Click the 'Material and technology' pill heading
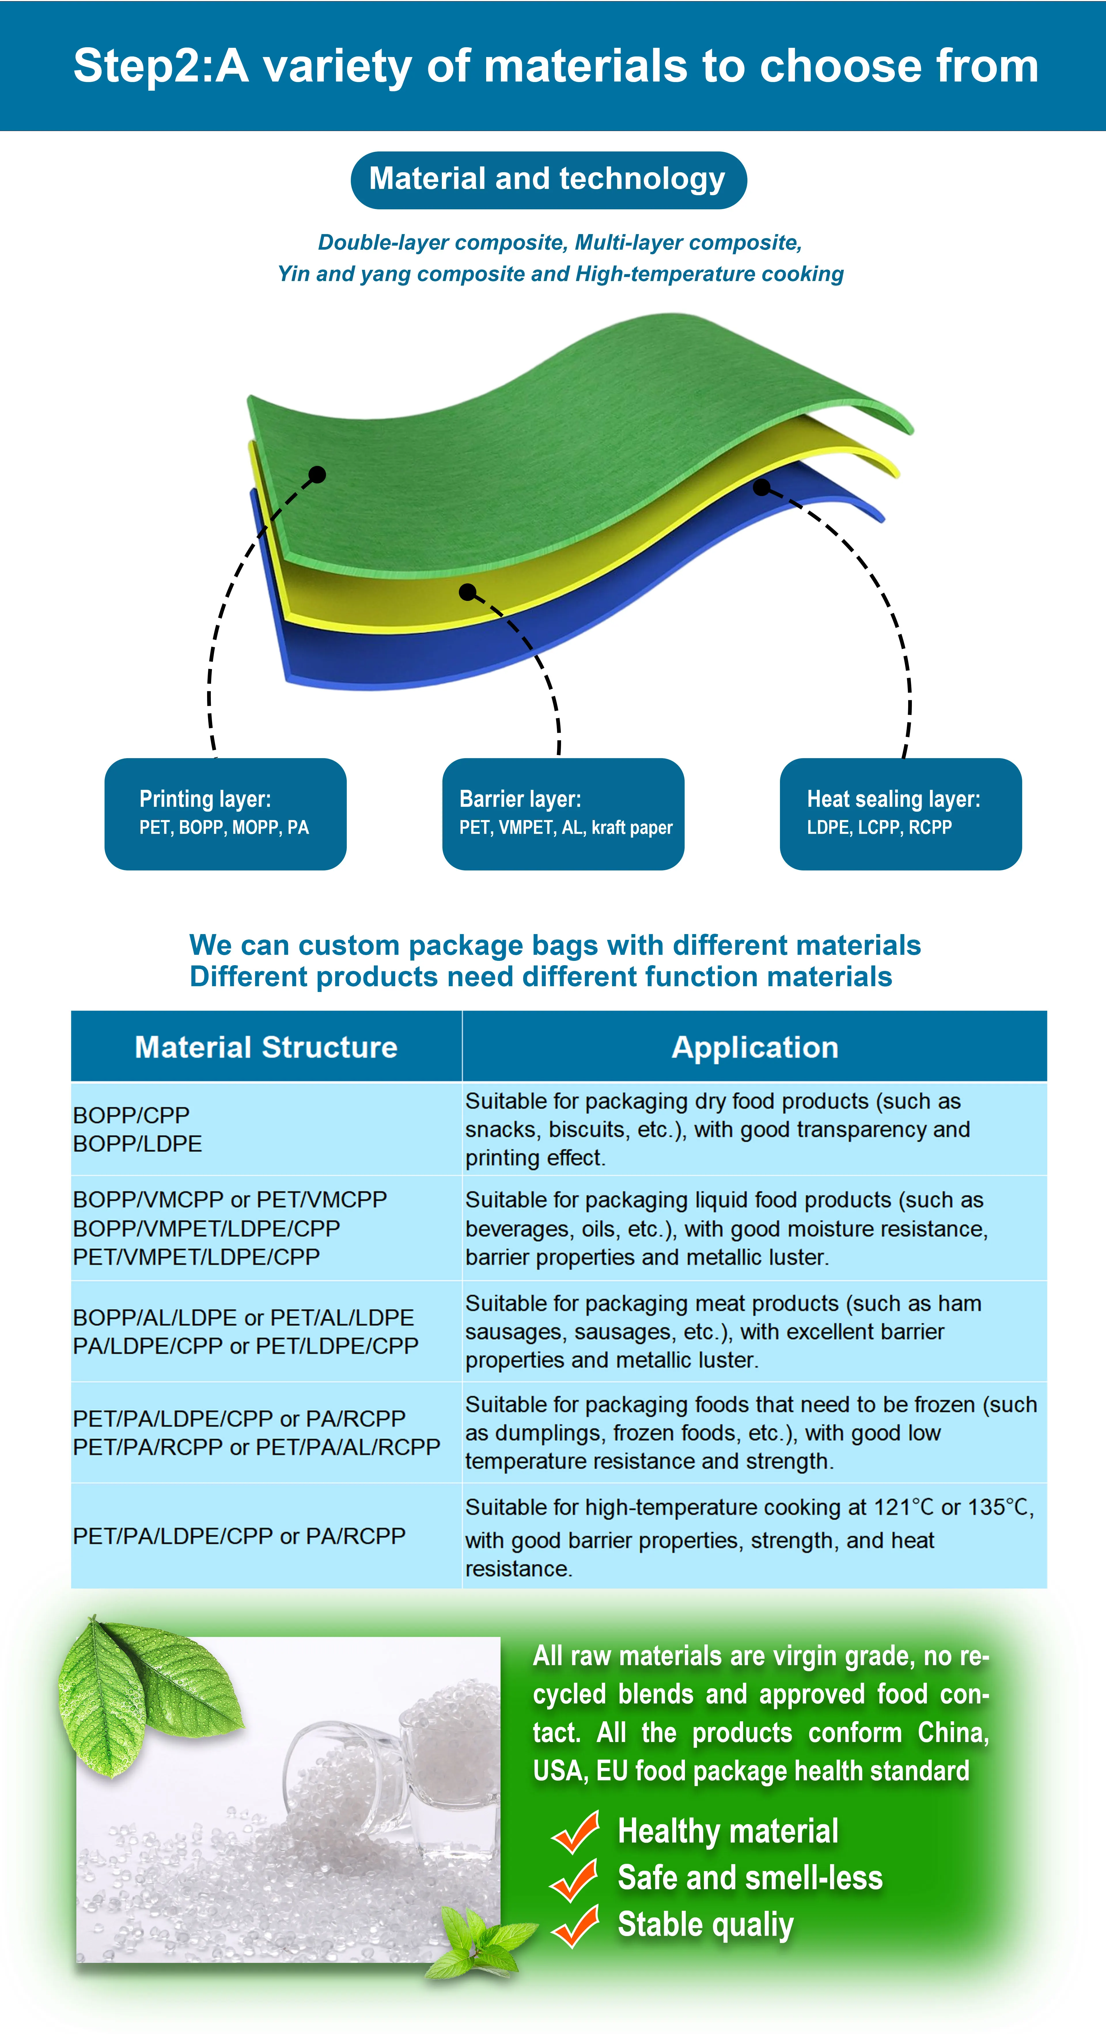[x=548, y=180]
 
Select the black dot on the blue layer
[x=762, y=487]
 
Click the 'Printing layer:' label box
[x=225, y=814]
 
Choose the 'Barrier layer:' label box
[x=563, y=814]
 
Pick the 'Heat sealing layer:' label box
[x=901, y=814]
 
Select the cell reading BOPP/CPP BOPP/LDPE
[x=266, y=1129]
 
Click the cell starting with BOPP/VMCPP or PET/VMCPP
[x=266, y=1228]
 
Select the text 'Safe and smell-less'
[x=750, y=1878]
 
